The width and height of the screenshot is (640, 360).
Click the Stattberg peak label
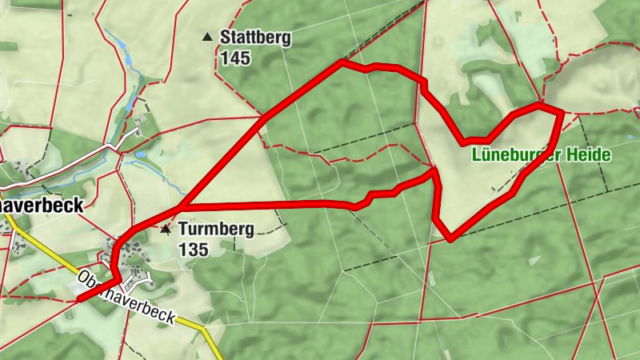(x=255, y=37)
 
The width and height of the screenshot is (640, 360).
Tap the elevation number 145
(x=238, y=58)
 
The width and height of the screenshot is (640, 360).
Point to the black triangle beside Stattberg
(x=207, y=37)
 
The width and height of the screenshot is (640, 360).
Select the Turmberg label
(x=216, y=230)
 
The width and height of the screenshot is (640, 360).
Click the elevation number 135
(x=194, y=250)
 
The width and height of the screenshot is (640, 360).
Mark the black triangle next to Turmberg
(x=166, y=230)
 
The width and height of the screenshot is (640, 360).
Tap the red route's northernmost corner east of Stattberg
(x=342, y=61)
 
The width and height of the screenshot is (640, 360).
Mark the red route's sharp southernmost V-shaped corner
(x=451, y=238)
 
